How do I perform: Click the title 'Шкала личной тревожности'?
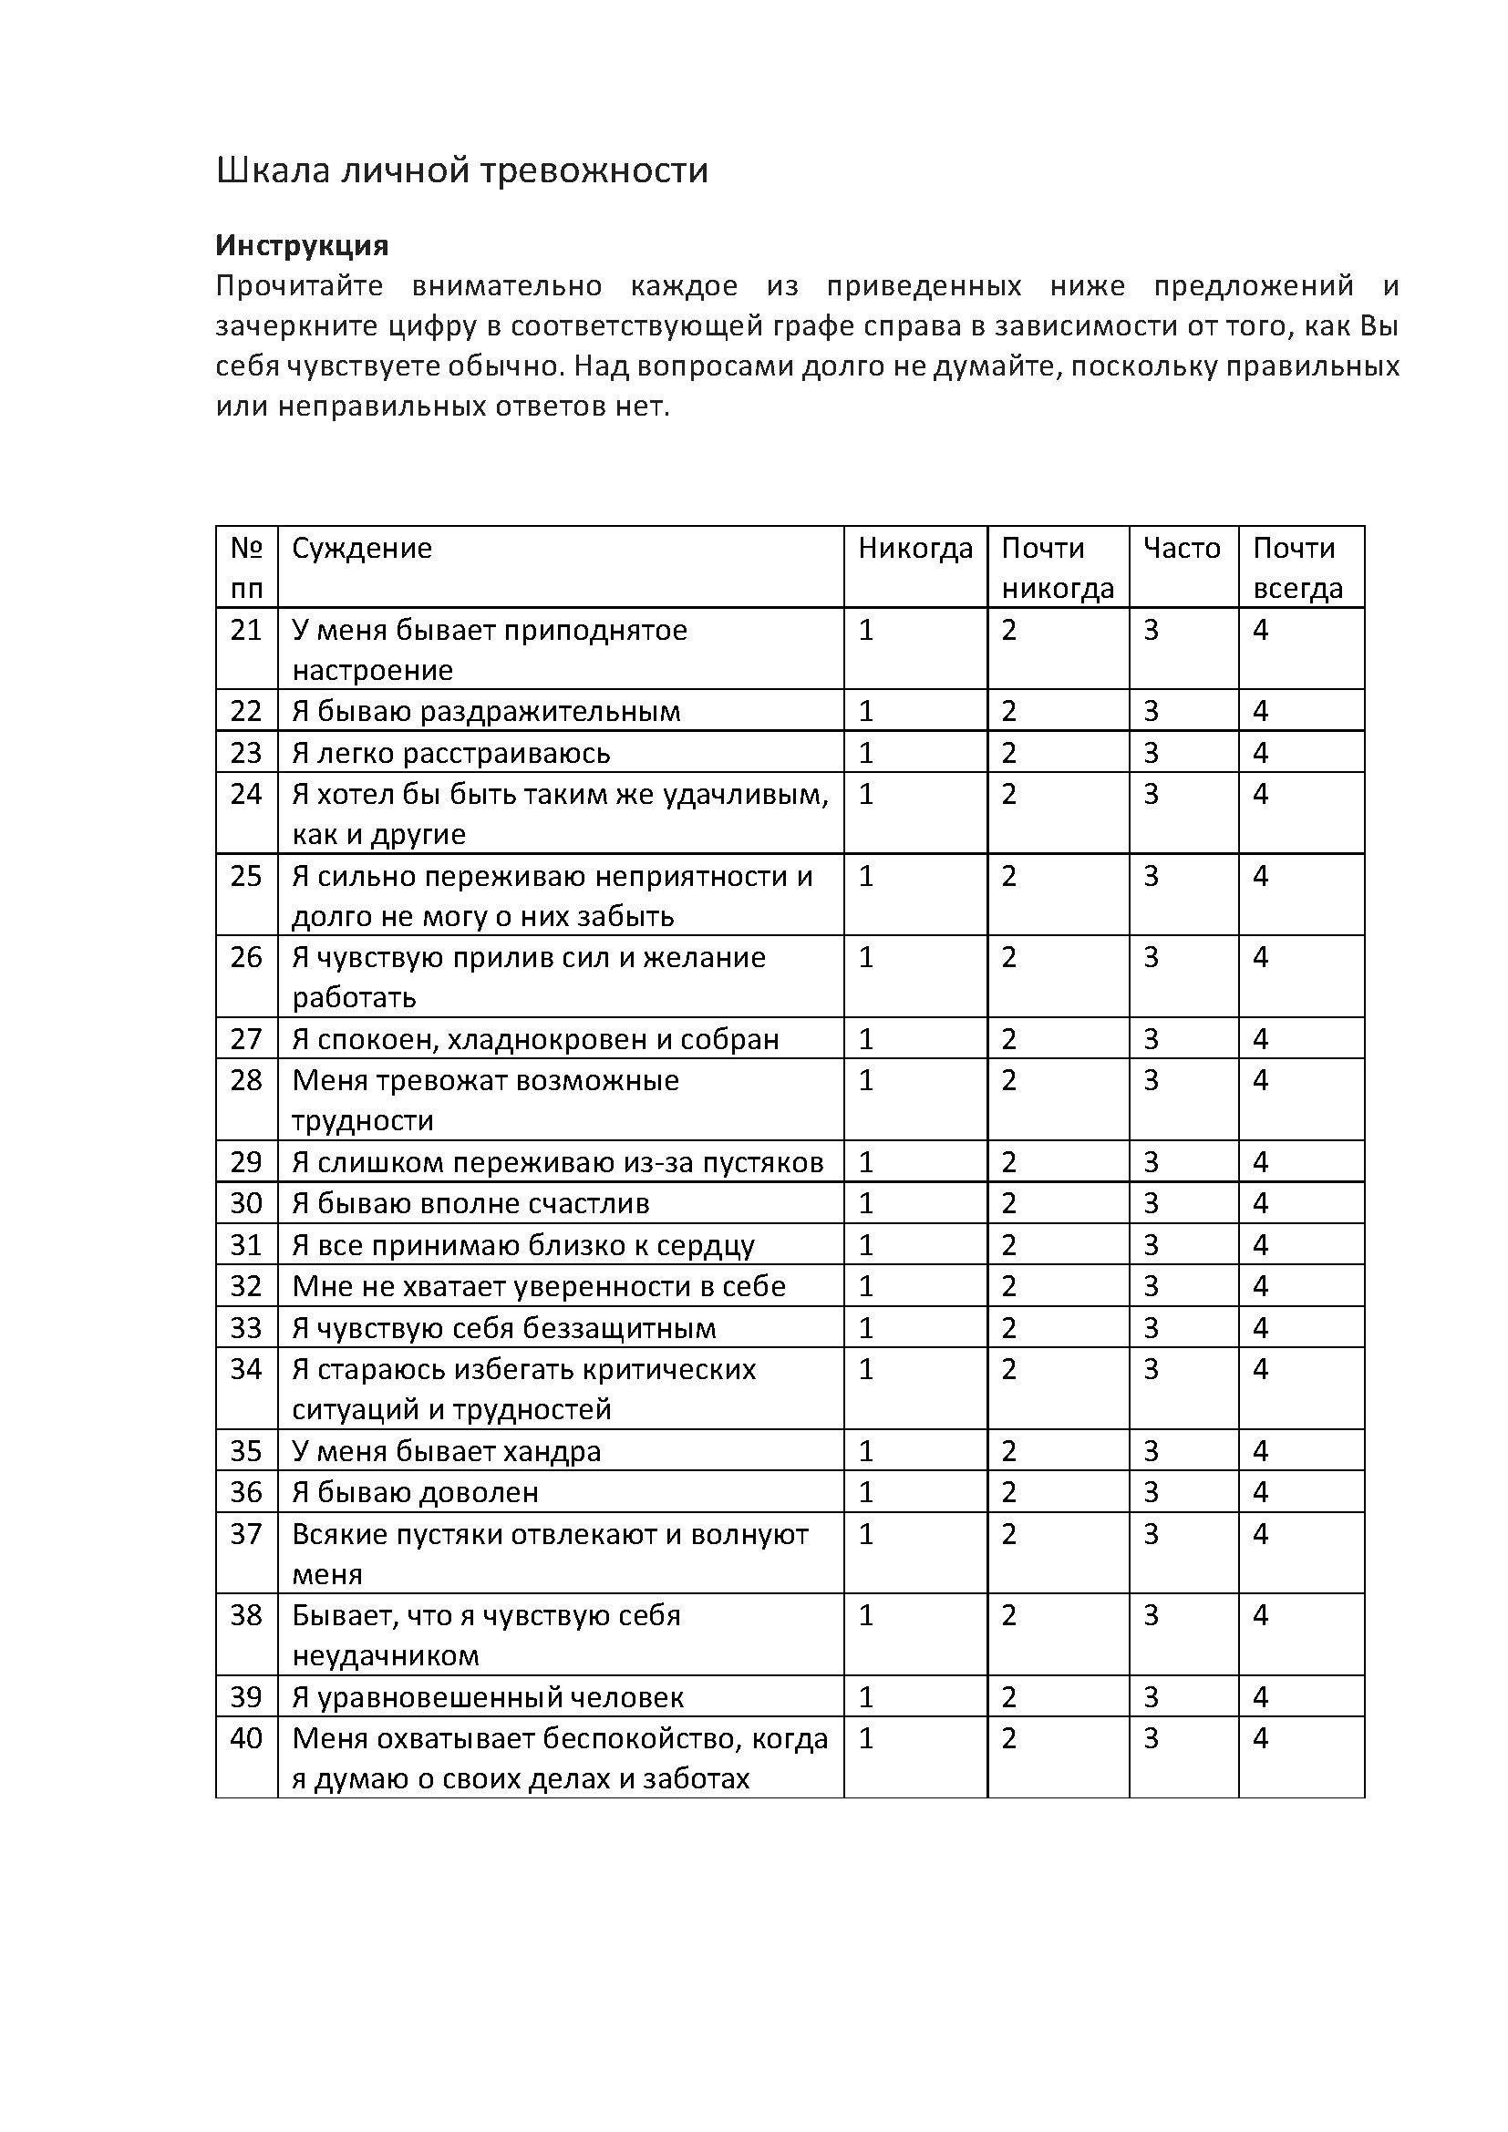(461, 171)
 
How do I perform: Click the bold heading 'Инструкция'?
(302, 246)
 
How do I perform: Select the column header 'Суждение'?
(362, 549)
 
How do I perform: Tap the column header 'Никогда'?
(914, 549)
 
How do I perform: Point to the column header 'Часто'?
(1181, 549)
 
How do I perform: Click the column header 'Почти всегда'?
(1297, 567)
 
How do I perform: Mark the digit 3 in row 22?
(1152, 712)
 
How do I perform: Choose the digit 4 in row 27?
(1260, 1040)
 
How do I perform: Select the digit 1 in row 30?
(866, 1204)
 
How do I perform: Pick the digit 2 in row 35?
(1009, 1452)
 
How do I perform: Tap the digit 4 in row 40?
(1260, 1739)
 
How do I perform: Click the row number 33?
(246, 1329)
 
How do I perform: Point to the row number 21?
(246, 631)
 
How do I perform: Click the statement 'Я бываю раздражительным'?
(486, 712)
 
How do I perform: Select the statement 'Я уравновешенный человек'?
(488, 1698)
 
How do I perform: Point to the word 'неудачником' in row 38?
(386, 1656)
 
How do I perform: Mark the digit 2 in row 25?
(1009, 877)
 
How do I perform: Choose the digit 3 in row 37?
(1152, 1535)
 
